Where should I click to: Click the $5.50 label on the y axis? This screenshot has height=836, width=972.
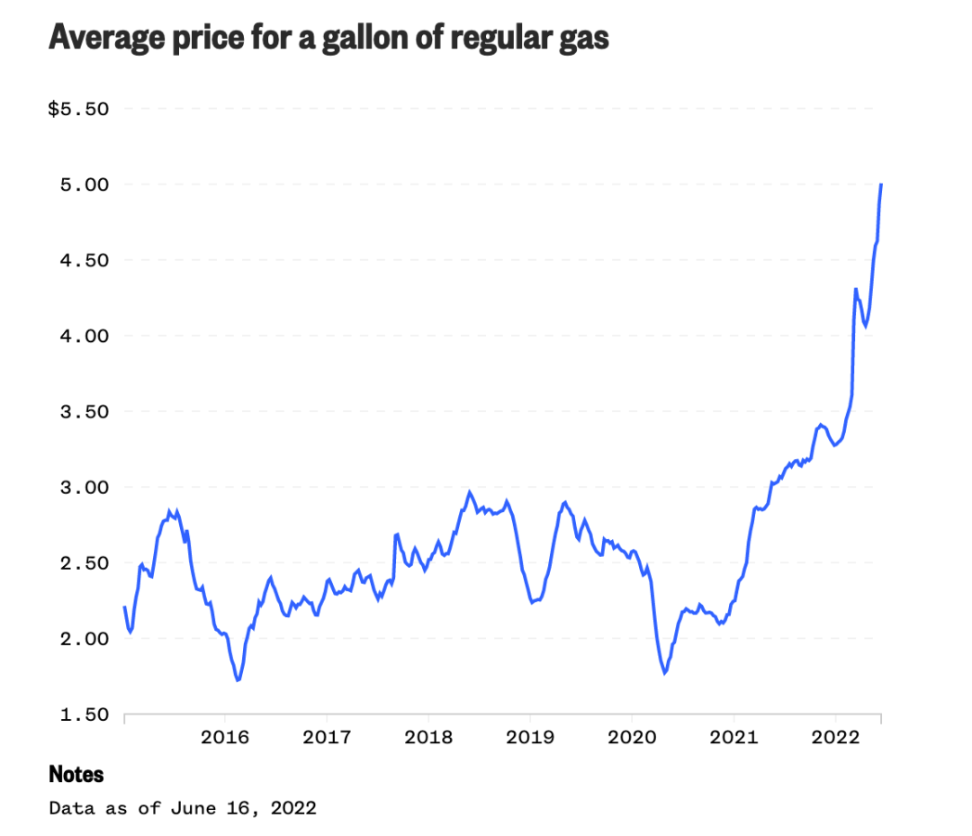click(78, 109)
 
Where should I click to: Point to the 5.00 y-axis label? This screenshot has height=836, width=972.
click(85, 184)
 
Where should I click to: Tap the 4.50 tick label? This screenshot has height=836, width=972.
click(85, 260)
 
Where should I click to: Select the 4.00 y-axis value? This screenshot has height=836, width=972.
click(85, 336)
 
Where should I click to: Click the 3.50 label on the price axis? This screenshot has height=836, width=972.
click(85, 411)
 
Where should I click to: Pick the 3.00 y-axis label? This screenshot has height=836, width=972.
click(85, 487)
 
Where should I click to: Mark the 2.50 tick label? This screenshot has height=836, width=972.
click(85, 563)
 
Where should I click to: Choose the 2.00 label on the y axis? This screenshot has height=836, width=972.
click(85, 639)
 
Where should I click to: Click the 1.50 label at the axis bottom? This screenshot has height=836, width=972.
click(85, 715)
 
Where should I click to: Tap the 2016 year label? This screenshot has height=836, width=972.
click(225, 738)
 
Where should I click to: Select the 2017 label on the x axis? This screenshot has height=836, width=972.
click(327, 738)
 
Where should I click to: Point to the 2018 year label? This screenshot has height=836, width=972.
click(428, 738)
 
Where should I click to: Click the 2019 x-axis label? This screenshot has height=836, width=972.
click(530, 738)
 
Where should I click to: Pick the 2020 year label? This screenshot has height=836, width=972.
click(632, 738)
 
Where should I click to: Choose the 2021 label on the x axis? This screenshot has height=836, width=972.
click(733, 738)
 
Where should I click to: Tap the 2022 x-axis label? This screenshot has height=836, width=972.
click(835, 738)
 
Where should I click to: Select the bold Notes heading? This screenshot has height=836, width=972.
click(76, 774)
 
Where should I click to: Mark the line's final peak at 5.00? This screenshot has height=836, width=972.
click(881, 184)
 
